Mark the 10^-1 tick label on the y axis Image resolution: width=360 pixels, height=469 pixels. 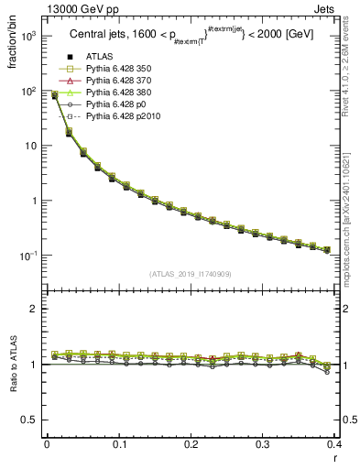26,256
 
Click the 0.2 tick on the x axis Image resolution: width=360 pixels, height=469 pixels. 191,444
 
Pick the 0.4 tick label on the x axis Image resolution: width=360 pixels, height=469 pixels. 335,444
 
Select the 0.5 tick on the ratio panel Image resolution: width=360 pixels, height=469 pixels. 29,420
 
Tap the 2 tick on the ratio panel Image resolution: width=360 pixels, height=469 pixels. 33,309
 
